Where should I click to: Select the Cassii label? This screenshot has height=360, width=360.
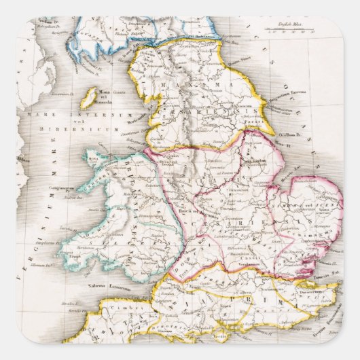click(238, 249)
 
